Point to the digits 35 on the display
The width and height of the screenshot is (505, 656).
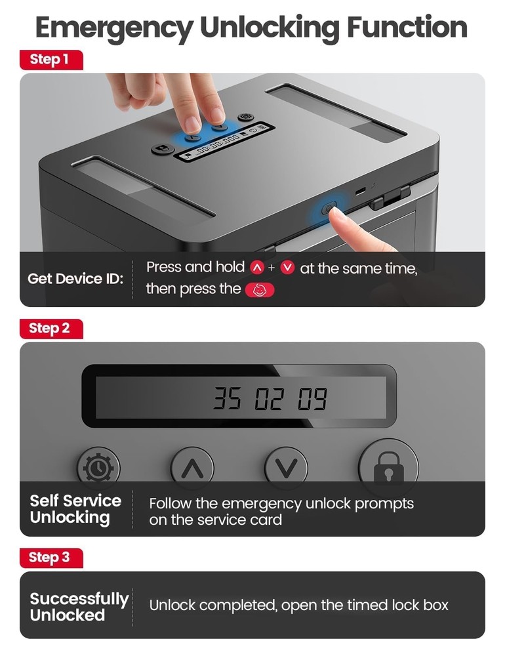pyautogui.click(x=226, y=398)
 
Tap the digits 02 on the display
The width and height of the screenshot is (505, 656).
pyautogui.click(x=269, y=398)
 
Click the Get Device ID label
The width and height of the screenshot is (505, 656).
pyautogui.click(x=75, y=278)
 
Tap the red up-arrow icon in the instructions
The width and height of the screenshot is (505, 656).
pyautogui.click(x=256, y=268)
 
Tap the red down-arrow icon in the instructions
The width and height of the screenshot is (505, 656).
pyautogui.click(x=287, y=268)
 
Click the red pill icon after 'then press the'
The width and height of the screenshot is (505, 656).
pyautogui.click(x=260, y=289)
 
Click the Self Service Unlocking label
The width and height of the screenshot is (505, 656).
pyautogui.click(x=75, y=509)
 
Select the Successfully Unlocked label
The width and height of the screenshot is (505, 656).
pyautogui.click(x=77, y=607)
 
